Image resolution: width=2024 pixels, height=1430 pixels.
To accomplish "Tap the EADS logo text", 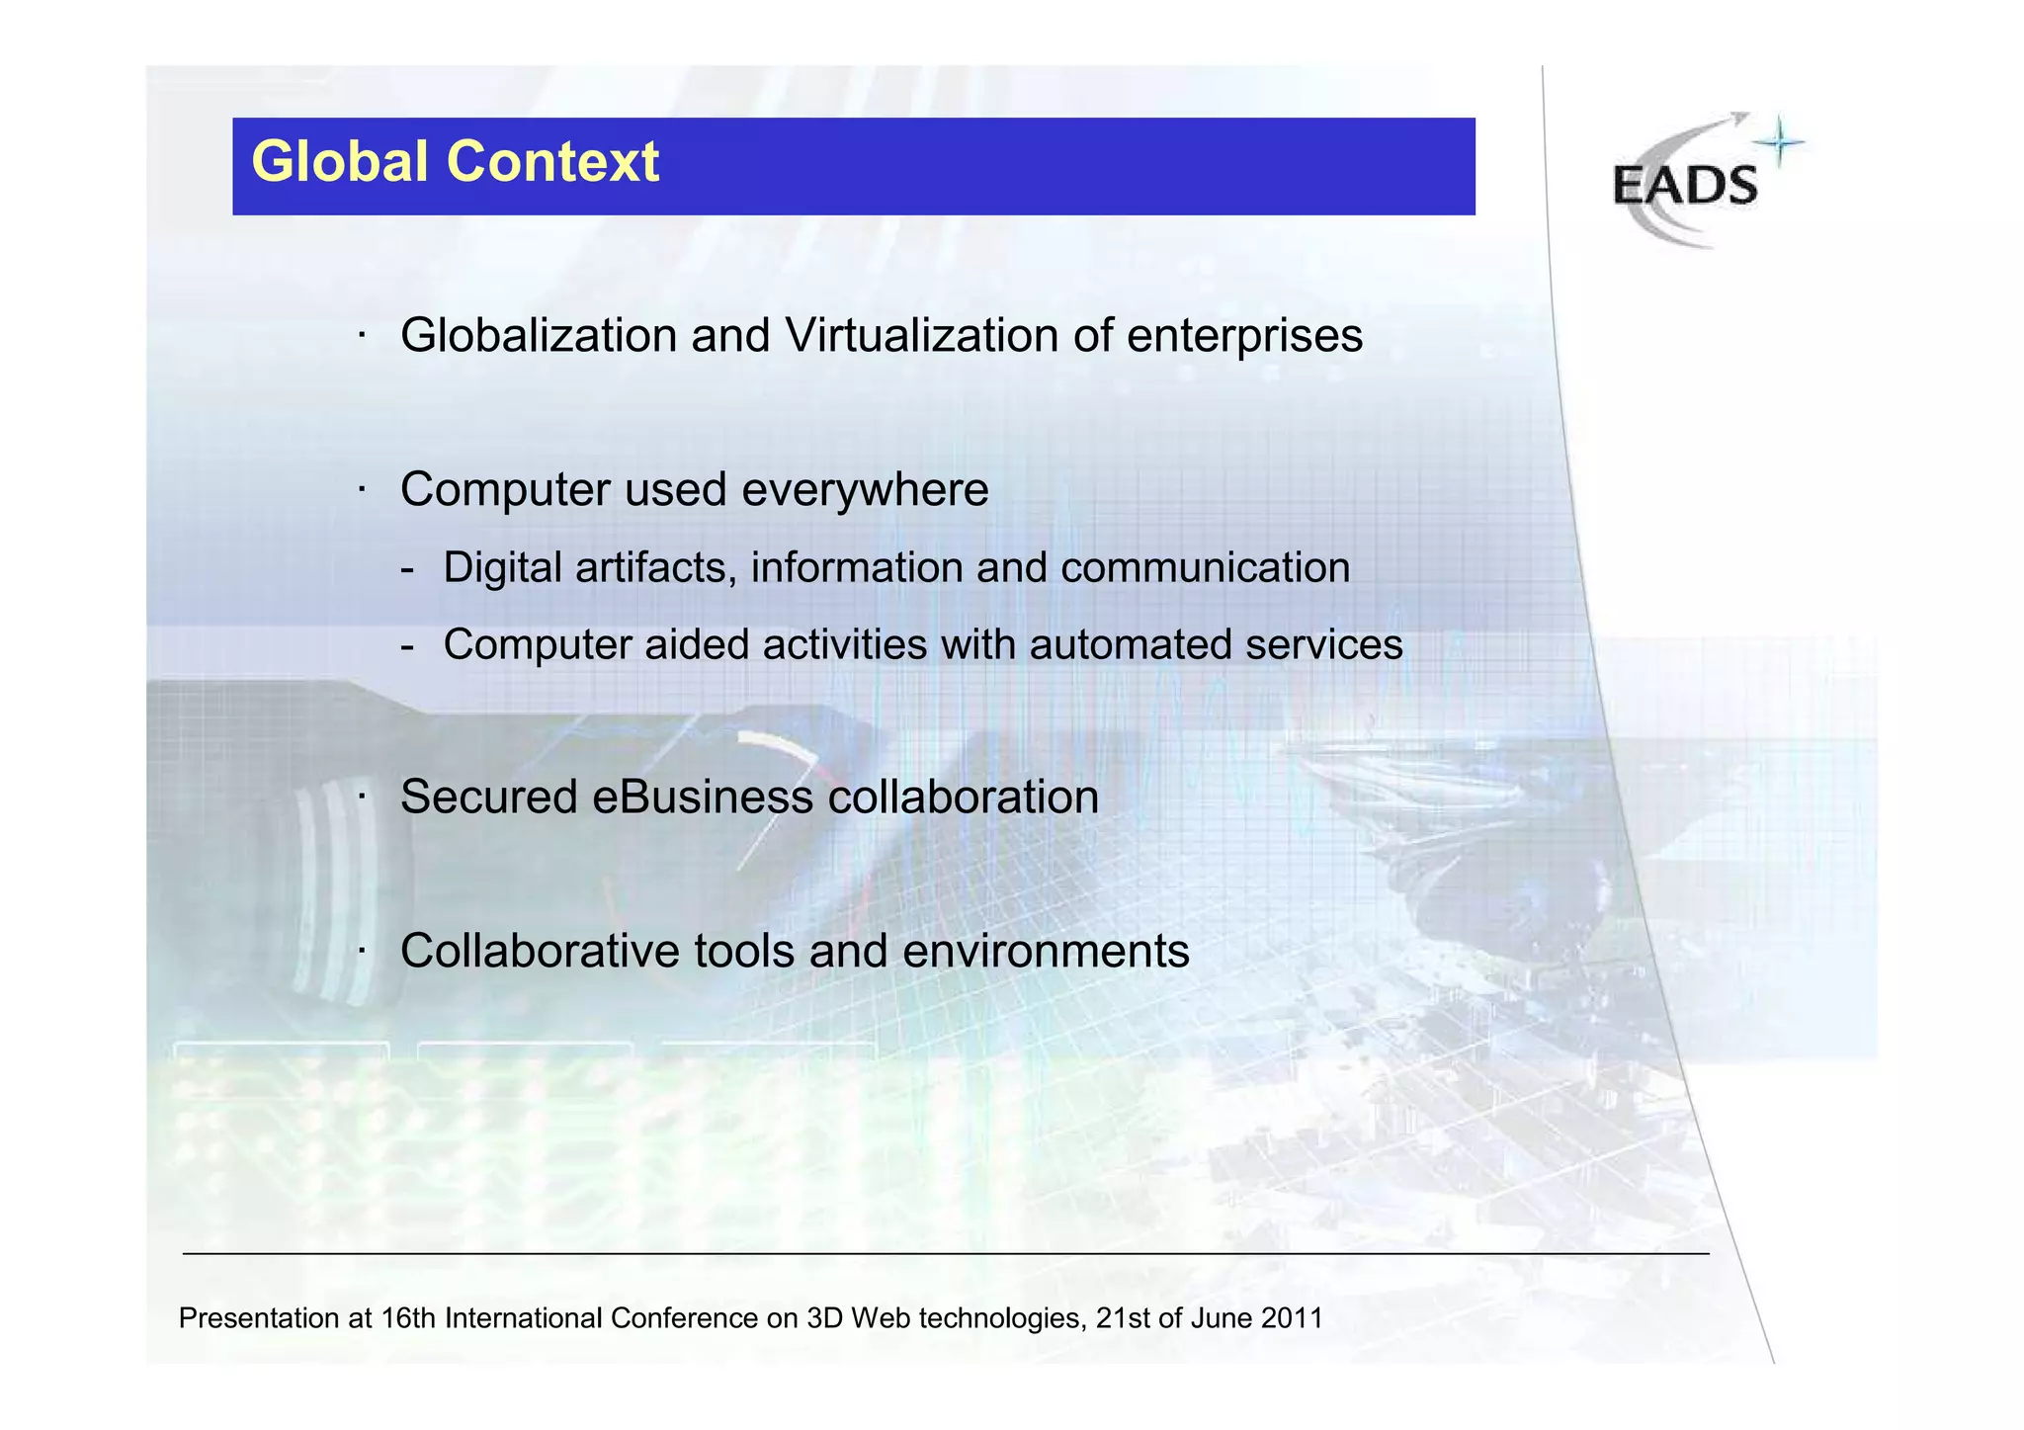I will tap(1685, 186).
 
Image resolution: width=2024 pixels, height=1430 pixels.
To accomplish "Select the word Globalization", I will tap(538, 336).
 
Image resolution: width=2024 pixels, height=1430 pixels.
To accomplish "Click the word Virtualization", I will tap(921, 336).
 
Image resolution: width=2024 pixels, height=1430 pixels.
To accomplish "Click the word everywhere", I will tap(864, 490).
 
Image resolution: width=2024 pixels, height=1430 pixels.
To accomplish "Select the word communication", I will tap(1205, 568).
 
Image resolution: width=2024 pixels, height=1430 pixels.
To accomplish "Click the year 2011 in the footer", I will tap(1292, 1318).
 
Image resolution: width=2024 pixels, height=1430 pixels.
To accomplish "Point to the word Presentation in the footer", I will tap(259, 1318).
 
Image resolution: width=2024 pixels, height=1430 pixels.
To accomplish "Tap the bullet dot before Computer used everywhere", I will tap(363, 490).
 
